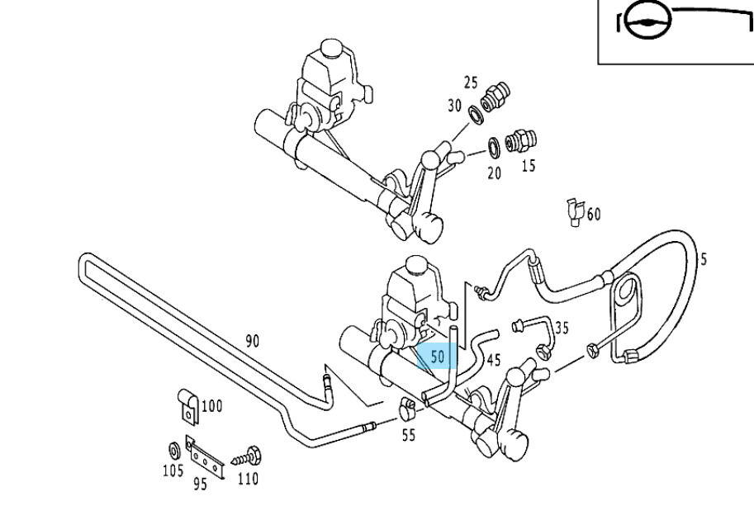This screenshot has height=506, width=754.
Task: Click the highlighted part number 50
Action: (x=438, y=357)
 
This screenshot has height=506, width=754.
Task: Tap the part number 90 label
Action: (x=252, y=340)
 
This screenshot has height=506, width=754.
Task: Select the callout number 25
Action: (x=471, y=83)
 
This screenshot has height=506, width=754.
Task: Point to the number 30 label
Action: (x=455, y=106)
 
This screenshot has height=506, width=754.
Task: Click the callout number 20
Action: (x=494, y=173)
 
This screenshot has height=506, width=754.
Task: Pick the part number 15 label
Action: (x=529, y=165)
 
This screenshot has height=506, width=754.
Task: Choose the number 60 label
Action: (x=593, y=215)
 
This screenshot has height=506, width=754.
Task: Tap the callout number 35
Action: (x=562, y=328)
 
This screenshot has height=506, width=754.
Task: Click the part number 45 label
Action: (x=494, y=359)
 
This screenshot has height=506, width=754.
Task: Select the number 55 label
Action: (x=409, y=436)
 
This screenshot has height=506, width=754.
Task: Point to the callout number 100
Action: (x=211, y=405)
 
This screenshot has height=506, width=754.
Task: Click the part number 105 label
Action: (x=173, y=472)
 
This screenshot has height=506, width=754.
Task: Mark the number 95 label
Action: (x=200, y=485)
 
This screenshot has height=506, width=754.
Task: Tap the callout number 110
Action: (x=247, y=478)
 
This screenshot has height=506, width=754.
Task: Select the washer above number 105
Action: (x=173, y=451)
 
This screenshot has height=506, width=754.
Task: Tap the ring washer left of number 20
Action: (x=493, y=147)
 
